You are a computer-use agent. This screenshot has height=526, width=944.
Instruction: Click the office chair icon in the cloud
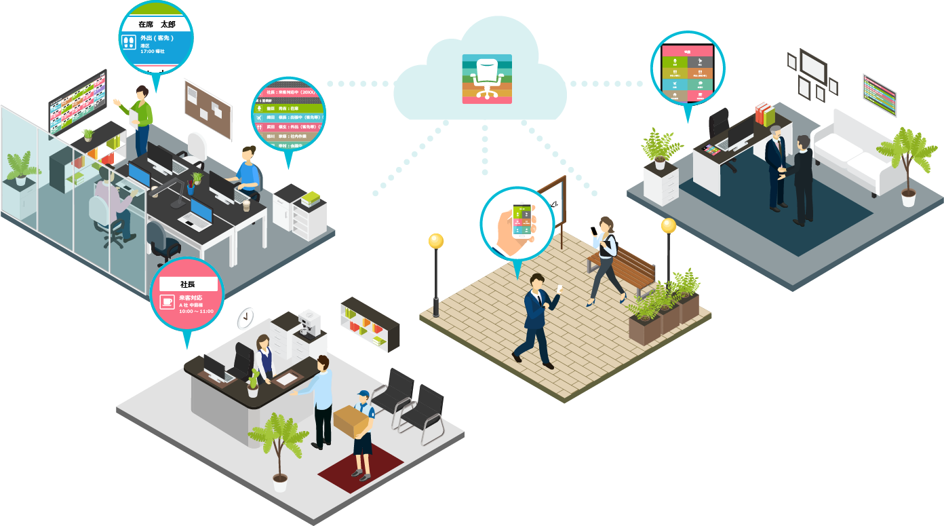tap(487, 79)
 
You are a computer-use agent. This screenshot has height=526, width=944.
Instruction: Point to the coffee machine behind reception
tap(309, 324)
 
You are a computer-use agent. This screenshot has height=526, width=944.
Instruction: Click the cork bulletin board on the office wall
tap(208, 109)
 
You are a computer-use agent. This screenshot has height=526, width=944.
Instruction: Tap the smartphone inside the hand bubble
tap(519, 220)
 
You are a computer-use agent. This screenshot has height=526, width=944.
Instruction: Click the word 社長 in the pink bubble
tap(188, 284)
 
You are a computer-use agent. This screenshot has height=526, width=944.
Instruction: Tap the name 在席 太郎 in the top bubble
tap(156, 24)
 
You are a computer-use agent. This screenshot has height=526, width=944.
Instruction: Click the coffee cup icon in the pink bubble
tap(167, 302)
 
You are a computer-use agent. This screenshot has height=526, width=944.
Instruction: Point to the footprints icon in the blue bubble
tap(128, 43)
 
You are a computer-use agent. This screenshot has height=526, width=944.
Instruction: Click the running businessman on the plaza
tap(536, 319)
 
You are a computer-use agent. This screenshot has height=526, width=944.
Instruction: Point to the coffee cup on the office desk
tap(246, 205)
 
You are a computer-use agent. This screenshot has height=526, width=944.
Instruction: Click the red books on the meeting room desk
tap(764, 113)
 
